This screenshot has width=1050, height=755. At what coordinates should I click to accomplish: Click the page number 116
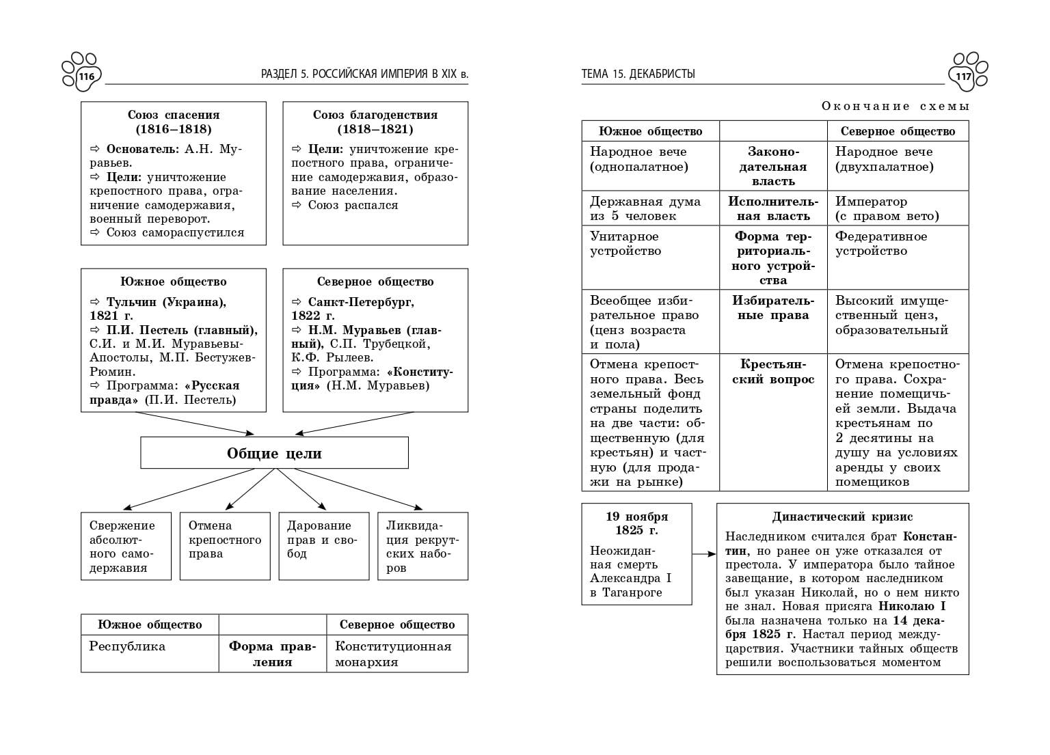[86, 76]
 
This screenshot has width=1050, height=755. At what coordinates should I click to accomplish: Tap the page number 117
[963, 76]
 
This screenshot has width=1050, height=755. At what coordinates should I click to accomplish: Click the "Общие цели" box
[274, 453]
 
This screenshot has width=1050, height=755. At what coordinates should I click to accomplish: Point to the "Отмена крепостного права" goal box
[225, 546]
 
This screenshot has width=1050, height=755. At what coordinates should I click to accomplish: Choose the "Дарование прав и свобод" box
[324, 546]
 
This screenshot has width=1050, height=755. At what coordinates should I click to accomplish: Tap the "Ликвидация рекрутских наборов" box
[422, 546]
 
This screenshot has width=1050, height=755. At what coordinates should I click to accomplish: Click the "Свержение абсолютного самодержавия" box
[126, 546]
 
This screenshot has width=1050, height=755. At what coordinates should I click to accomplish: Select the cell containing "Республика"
[150, 653]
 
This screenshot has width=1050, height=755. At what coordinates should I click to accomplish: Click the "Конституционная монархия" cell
[397, 653]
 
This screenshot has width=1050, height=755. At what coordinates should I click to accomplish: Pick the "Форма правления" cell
[273, 653]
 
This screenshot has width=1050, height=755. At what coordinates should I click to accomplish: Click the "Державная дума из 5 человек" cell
[650, 208]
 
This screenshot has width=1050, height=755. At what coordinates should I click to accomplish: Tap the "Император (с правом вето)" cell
[898, 208]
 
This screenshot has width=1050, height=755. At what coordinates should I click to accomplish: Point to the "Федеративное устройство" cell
[898, 258]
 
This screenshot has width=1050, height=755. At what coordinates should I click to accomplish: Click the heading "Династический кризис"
[842, 517]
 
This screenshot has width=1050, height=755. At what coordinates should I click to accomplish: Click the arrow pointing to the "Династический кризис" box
[704, 554]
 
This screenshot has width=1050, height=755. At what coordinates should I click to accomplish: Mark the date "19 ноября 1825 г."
[637, 523]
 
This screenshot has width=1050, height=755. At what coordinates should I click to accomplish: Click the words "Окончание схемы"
[896, 106]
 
